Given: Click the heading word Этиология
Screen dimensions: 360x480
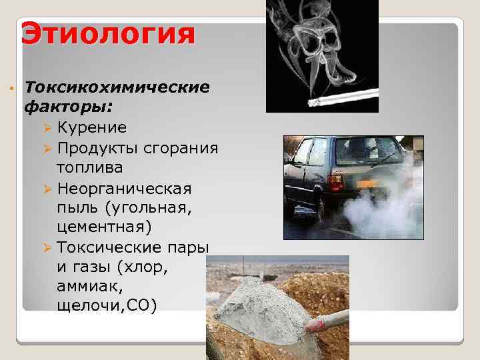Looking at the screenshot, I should tap(108, 33).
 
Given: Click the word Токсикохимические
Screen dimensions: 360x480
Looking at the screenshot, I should tap(117, 87).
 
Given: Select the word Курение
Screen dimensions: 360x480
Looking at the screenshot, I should tap(91, 127).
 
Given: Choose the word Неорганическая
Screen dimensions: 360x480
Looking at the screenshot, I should tap(124, 188).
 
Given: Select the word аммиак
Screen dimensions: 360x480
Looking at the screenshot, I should tap(86, 286).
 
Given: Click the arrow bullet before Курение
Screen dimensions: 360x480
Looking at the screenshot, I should tap(47, 127).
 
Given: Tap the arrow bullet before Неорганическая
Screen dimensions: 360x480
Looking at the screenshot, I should tap(47, 189).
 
